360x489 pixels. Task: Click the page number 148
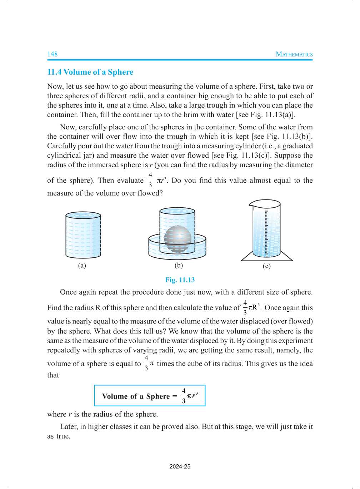pyautogui.click(x=52, y=54)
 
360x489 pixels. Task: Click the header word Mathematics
pyautogui.click(x=294, y=54)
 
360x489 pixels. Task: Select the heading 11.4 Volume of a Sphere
pyautogui.click(x=90, y=72)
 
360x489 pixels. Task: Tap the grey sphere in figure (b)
pyautogui.click(x=177, y=239)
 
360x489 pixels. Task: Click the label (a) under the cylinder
pyautogui.click(x=82, y=265)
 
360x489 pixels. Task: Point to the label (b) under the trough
pyautogui.click(x=179, y=265)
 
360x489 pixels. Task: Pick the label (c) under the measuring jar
pyautogui.click(x=266, y=266)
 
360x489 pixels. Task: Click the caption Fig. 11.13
pyautogui.click(x=180, y=280)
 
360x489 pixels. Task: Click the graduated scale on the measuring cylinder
pyautogui.click(x=266, y=232)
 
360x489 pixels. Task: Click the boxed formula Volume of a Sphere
pyautogui.click(x=150, y=396)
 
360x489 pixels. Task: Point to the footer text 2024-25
pyautogui.click(x=180, y=466)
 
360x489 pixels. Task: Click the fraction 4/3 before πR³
pyautogui.click(x=245, y=307)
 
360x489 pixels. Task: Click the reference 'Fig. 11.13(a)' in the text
pyautogui.click(x=272, y=114)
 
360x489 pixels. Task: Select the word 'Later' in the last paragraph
pyautogui.click(x=68, y=426)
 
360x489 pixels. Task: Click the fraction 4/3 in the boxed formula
pyautogui.click(x=184, y=396)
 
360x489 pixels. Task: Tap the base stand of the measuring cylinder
pyautogui.click(x=267, y=258)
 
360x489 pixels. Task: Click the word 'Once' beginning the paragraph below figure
pyautogui.click(x=68, y=292)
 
